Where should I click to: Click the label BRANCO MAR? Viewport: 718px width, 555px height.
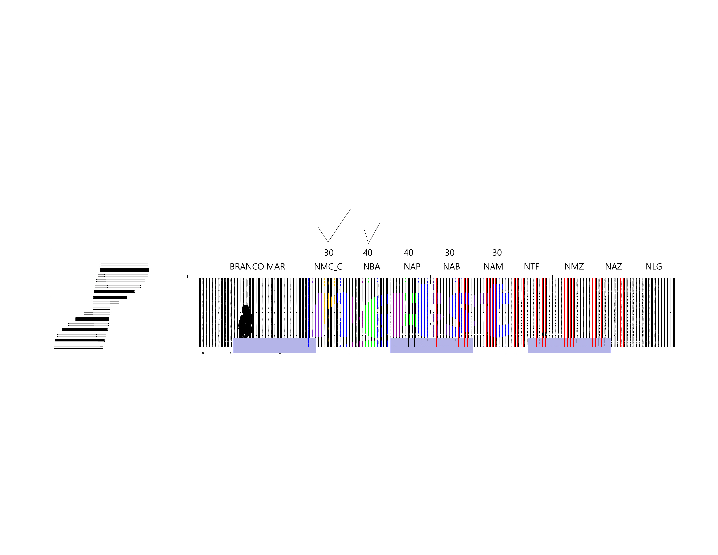257,267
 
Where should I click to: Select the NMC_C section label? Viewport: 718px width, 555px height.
328,267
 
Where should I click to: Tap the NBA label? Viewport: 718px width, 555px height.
371,267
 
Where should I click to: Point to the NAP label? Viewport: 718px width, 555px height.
412,267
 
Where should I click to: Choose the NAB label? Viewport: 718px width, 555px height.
451,267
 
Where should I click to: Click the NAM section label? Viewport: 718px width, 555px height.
493,267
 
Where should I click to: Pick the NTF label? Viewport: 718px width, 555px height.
532,267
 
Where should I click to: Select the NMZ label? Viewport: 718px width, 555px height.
574,267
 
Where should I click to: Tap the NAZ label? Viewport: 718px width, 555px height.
614,267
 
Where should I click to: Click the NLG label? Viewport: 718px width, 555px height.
654,267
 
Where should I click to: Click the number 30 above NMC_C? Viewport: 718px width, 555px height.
329,253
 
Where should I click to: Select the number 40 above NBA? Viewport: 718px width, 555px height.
367,253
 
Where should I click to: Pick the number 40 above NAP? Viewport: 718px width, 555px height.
408,253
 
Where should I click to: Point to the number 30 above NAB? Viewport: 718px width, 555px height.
450,253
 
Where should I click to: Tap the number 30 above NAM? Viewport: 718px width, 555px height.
497,253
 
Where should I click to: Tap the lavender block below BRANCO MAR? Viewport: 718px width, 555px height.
274,345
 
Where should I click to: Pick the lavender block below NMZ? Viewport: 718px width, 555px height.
569,345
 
